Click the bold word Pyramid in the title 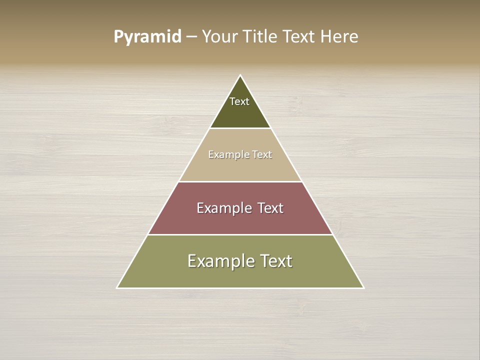(147, 37)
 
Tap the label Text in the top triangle (239, 101)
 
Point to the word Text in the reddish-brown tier (270, 208)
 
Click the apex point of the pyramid (240, 76)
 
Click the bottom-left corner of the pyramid (117, 287)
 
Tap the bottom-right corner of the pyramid (363, 287)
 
